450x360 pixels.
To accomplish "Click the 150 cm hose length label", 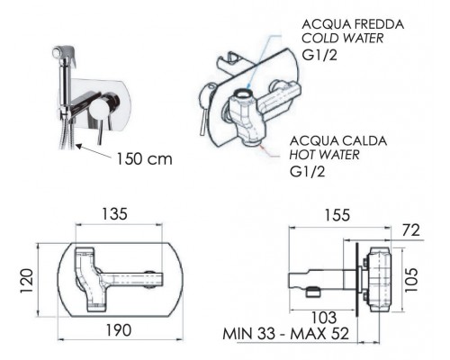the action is (144, 159).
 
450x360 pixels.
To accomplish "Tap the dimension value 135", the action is (114, 214).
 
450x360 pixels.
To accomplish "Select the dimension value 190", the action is (119, 330).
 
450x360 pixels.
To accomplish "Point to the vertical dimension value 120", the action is (27, 281).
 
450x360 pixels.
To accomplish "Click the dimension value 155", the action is (337, 215).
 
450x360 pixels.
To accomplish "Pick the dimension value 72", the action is (411, 230).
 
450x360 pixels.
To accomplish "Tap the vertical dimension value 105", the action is (411, 280).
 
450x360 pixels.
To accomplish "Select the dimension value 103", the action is (324, 318).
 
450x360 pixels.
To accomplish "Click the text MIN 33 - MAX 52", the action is (286, 334).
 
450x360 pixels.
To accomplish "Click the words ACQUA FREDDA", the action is (353, 24).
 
